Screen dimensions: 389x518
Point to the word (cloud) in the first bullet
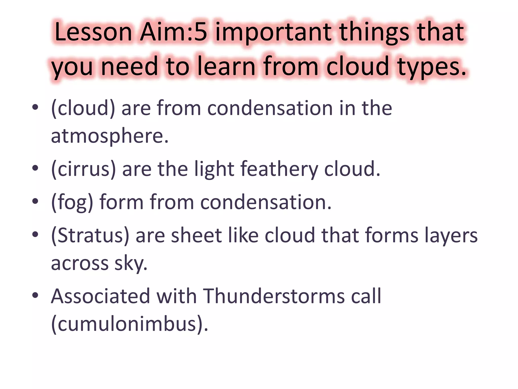pyautogui.click(x=83, y=108)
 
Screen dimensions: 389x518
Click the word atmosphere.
pyautogui.click(x=110, y=136)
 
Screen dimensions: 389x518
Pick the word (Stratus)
pyautogui.click(x=90, y=236)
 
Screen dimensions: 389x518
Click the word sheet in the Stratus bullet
pyautogui.click(x=197, y=236)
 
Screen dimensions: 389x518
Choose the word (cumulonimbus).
pyautogui.click(x=129, y=324)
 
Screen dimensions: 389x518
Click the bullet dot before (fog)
pyautogui.click(x=35, y=202)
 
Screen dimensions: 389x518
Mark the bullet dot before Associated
pyautogui.click(x=35, y=295)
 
